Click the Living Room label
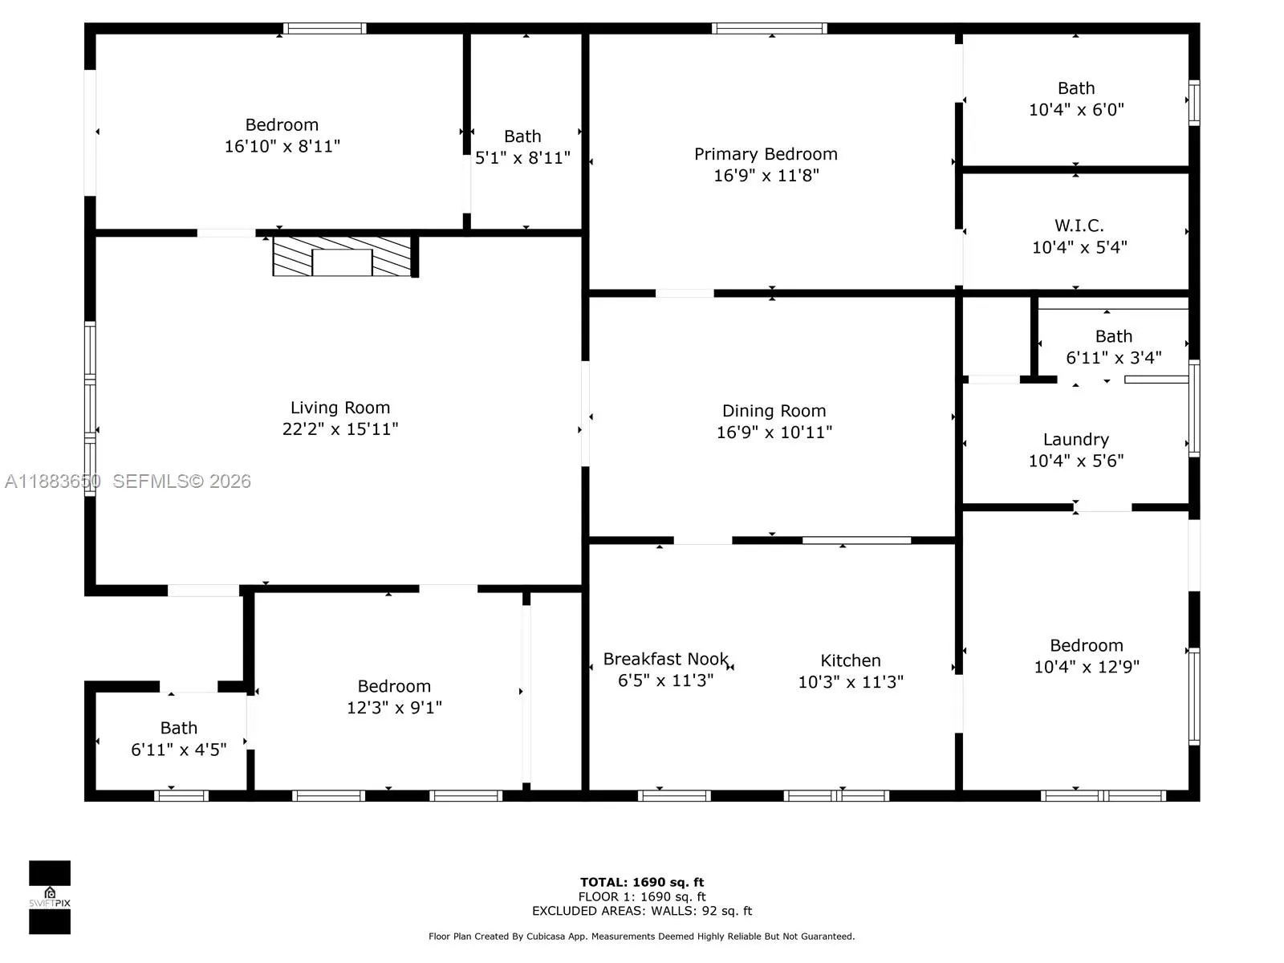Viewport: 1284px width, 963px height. (x=340, y=408)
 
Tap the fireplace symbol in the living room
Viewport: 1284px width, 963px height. (x=343, y=257)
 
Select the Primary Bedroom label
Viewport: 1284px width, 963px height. (x=766, y=154)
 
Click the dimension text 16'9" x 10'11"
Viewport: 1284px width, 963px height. (x=774, y=433)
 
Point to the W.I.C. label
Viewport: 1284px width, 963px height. (x=1079, y=226)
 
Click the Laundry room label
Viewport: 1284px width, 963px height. (x=1075, y=440)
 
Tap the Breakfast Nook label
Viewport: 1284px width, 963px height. (x=665, y=659)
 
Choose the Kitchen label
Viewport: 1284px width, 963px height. (x=850, y=660)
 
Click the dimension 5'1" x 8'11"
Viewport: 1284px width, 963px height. (x=522, y=158)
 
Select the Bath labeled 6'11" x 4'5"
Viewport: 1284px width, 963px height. (x=178, y=728)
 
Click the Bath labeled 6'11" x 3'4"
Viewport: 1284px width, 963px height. (x=1113, y=336)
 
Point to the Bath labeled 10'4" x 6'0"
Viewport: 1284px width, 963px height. (x=1075, y=88)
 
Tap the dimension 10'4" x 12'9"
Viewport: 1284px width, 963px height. (x=1086, y=667)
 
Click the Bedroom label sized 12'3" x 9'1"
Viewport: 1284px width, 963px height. (x=394, y=686)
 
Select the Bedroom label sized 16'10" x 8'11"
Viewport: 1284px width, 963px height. (x=282, y=125)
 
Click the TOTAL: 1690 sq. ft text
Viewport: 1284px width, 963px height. (x=642, y=882)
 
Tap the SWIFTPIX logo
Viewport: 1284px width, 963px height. (x=50, y=897)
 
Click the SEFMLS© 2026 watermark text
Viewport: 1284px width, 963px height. (x=181, y=481)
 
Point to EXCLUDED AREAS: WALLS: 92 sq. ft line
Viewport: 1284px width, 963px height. (x=642, y=911)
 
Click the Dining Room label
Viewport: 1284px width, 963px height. (x=774, y=411)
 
